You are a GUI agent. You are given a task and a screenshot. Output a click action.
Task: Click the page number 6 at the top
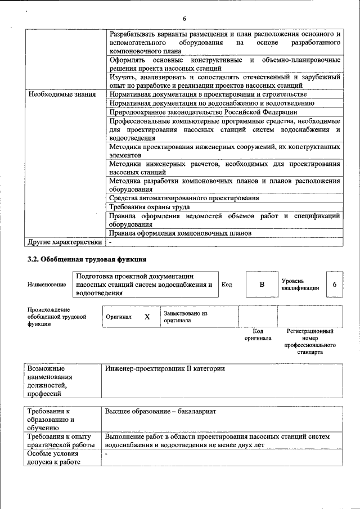click(x=184, y=19)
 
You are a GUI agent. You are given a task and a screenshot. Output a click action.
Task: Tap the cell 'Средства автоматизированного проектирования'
click(x=184, y=198)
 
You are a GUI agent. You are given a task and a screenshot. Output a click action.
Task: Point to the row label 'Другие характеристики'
click(x=65, y=242)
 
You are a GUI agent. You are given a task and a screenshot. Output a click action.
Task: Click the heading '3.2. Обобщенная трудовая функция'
click(x=87, y=259)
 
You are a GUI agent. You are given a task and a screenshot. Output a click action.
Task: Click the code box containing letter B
click(x=261, y=285)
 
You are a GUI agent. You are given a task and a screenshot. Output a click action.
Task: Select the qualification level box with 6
click(x=334, y=285)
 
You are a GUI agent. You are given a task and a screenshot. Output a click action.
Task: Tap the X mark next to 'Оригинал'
click(x=147, y=317)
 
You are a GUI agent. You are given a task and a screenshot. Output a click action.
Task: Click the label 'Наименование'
click(x=47, y=285)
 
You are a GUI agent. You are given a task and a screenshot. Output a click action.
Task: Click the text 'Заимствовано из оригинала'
click(x=186, y=317)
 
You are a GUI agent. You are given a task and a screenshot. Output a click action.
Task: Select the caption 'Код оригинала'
click(x=258, y=335)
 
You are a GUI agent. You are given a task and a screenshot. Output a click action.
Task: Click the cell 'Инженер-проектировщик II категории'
click(x=165, y=368)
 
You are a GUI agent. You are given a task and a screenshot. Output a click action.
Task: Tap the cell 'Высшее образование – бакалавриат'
click(x=160, y=411)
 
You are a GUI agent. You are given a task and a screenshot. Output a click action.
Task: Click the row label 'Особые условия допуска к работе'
click(x=53, y=458)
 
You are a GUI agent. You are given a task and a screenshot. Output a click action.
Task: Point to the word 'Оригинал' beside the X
click(x=119, y=317)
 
